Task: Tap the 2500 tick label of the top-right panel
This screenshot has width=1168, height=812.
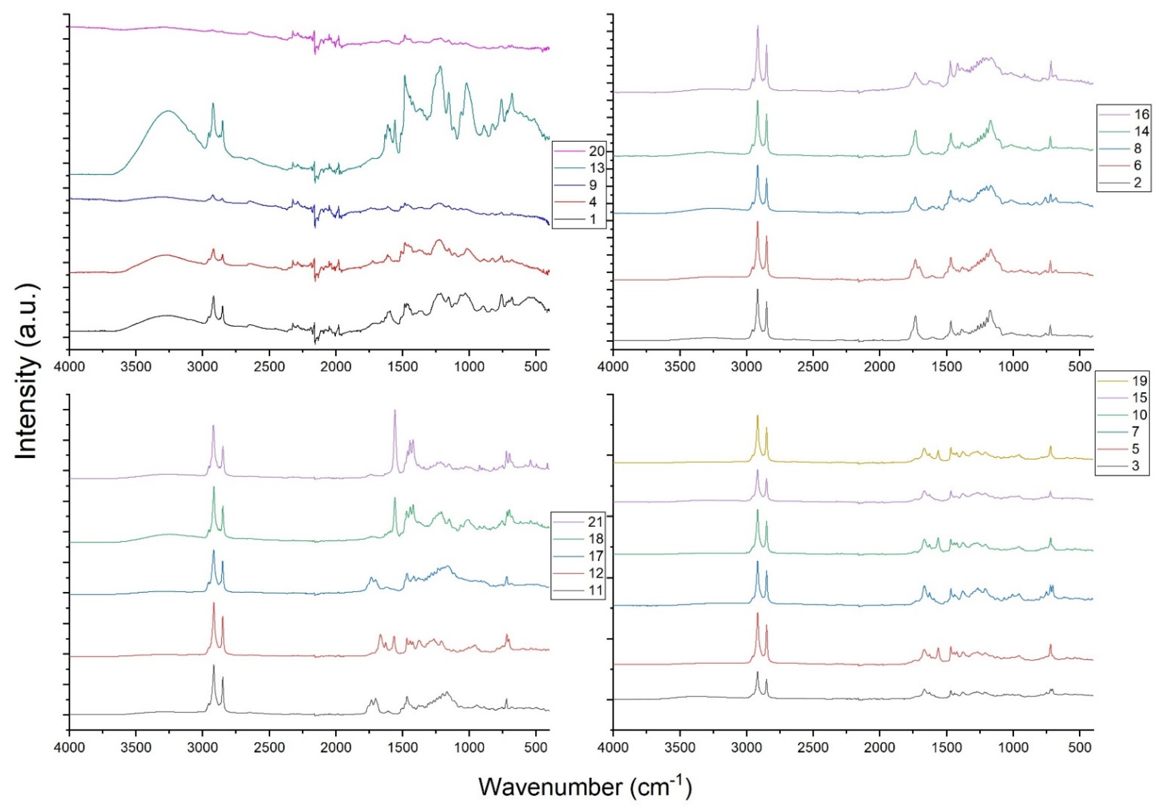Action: (x=813, y=366)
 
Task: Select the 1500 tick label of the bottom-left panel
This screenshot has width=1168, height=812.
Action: (x=402, y=747)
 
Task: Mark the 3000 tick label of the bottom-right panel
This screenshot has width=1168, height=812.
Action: (x=746, y=747)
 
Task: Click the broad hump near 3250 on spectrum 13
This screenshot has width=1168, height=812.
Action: (x=168, y=111)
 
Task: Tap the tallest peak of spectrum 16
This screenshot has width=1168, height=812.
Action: (x=757, y=26)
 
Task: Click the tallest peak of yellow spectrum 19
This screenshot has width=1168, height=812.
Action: (x=757, y=416)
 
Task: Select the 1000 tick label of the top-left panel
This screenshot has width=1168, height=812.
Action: (x=469, y=366)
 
